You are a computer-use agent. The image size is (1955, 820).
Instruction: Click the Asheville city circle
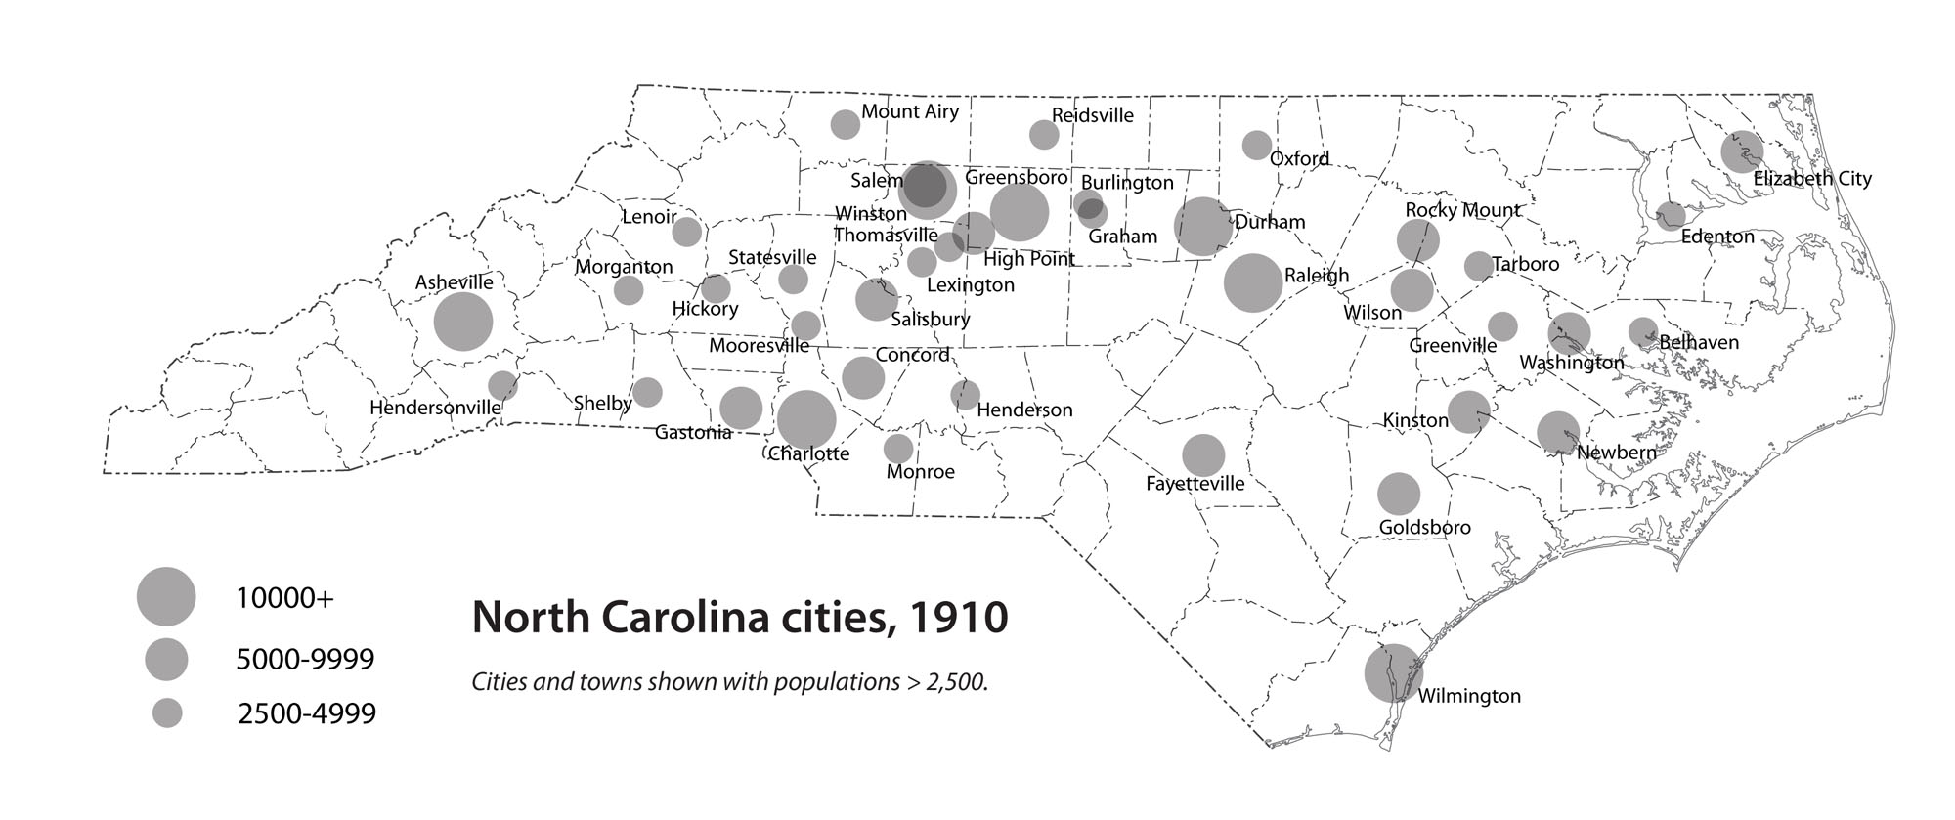[462, 322]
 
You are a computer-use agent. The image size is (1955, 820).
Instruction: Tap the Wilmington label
[1468, 696]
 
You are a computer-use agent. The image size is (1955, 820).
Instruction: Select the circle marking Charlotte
[806, 419]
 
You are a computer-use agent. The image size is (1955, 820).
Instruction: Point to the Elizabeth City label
[1811, 179]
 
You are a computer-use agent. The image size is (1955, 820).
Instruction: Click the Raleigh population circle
[1252, 282]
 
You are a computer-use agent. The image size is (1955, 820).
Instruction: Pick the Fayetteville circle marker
[1203, 454]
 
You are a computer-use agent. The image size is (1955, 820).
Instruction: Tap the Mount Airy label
[909, 111]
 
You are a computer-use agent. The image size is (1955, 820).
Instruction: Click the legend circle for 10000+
[166, 596]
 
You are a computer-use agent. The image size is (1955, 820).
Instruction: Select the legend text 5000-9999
[305, 660]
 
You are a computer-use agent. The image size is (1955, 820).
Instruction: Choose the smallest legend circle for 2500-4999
[168, 713]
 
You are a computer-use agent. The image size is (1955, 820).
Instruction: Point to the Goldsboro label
[1424, 528]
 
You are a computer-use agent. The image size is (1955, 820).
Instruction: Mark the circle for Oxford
[1256, 145]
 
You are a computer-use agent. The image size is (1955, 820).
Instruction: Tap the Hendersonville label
[435, 408]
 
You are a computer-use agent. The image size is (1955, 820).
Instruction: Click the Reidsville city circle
[1044, 135]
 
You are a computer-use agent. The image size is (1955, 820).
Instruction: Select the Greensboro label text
[1016, 178]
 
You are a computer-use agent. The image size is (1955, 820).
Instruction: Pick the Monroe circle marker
[897, 449]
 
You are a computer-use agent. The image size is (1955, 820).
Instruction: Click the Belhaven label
[1699, 342]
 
